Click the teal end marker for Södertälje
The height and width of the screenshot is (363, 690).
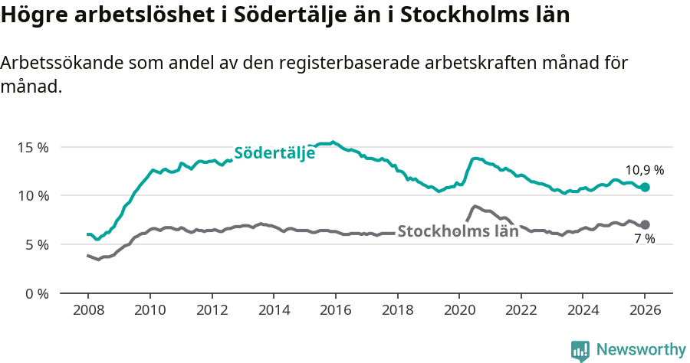point(645,187)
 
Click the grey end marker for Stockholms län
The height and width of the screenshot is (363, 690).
point(645,224)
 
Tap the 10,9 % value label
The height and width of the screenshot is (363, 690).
point(644,170)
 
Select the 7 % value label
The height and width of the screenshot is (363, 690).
point(644,239)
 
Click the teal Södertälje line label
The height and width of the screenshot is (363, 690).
point(274,152)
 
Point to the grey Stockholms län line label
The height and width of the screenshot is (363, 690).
point(458,231)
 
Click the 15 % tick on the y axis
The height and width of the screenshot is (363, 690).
point(33,147)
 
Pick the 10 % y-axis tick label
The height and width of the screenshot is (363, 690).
point(33,196)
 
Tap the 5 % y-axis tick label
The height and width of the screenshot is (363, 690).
point(36,245)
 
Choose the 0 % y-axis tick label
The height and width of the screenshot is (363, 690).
point(36,294)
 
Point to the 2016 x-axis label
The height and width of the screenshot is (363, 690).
point(335,312)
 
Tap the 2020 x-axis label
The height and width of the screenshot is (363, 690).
point(458,312)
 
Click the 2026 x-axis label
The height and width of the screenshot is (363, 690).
point(644,312)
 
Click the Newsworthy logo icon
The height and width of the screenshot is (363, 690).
point(580,350)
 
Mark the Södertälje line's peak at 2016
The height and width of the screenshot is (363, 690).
point(333,142)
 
